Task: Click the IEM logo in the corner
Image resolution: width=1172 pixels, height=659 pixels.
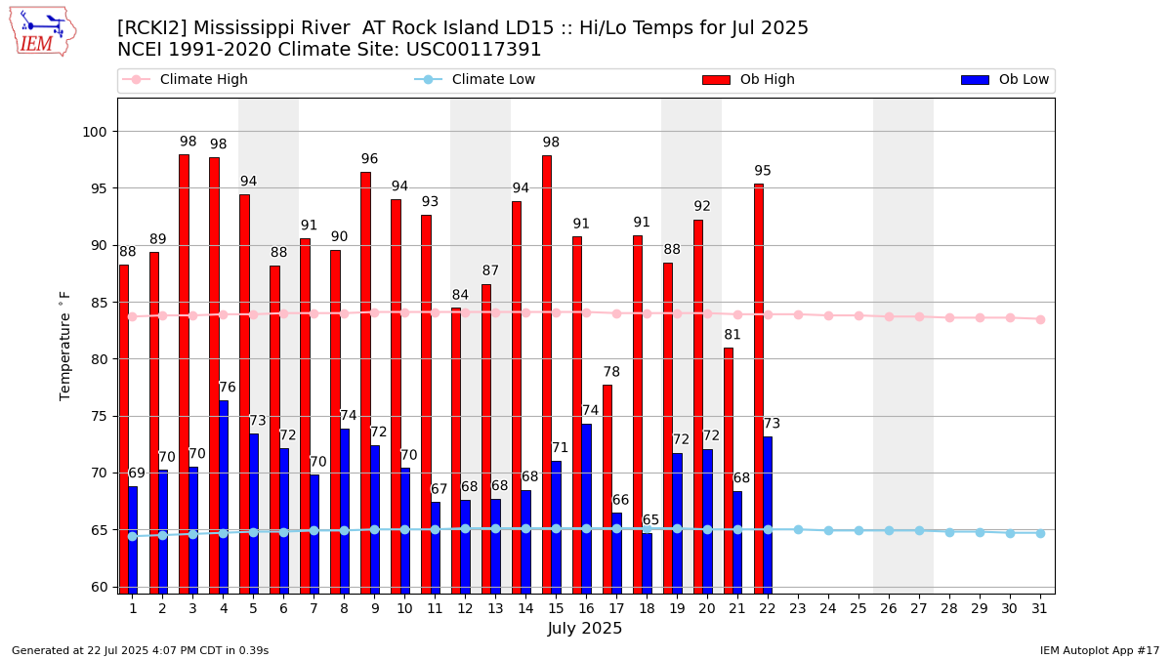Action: tap(42, 31)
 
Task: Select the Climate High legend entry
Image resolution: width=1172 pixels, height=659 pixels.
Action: tap(203, 80)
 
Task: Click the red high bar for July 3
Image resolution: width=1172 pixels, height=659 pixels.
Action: tap(184, 371)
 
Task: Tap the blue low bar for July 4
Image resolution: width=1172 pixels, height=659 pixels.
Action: tap(224, 496)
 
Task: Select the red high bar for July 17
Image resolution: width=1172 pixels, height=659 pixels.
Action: tap(607, 488)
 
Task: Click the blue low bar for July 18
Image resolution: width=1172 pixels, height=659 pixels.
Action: tap(647, 562)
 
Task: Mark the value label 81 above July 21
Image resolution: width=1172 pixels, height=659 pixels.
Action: tap(732, 335)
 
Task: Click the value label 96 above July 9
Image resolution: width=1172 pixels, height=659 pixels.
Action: tap(369, 159)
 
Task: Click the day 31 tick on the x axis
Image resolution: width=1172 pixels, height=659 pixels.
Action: tap(1040, 608)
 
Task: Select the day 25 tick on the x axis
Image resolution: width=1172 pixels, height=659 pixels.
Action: tap(858, 608)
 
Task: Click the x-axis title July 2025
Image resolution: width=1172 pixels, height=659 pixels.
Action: tap(585, 629)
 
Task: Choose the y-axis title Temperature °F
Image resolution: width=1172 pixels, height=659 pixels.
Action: tap(65, 346)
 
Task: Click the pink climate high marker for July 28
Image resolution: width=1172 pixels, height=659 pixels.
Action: tap(949, 317)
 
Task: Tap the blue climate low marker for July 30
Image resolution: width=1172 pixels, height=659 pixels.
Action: tap(1010, 533)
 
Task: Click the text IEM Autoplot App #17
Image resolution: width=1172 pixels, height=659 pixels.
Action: tap(1100, 650)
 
